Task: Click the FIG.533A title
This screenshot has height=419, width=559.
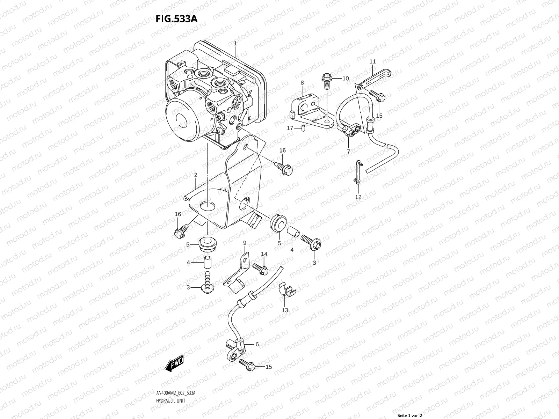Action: [176, 19]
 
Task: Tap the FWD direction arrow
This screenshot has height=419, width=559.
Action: [174, 364]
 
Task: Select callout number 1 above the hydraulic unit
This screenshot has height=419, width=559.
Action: [235, 44]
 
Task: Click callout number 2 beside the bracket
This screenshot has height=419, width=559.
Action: [196, 175]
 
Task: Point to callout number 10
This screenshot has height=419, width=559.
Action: [346, 79]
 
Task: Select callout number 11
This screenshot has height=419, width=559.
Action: [372, 61]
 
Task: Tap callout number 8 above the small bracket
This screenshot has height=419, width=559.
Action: [302, 83]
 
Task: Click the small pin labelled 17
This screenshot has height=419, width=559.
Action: [303, 128]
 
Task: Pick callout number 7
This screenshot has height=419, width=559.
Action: [348, 152]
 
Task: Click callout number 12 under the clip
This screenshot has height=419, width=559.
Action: [358, 197]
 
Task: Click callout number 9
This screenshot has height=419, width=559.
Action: [245, 243]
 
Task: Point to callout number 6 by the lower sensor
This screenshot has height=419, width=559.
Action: [257, 344]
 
